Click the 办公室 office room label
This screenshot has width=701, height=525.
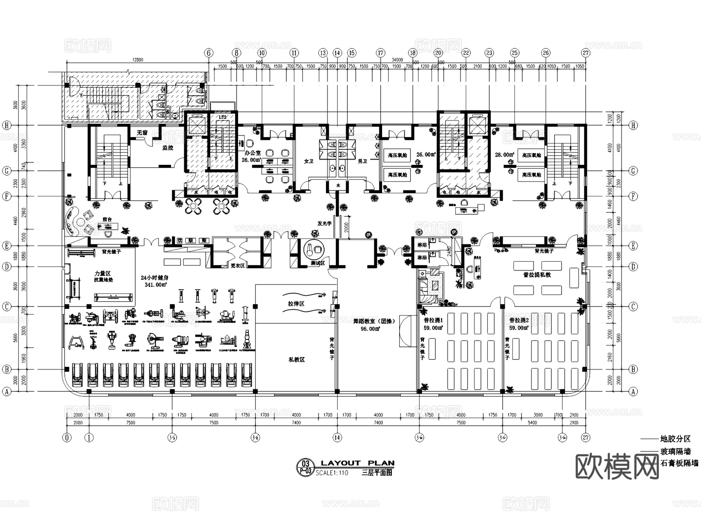253,153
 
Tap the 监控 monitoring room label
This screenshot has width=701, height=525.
168,148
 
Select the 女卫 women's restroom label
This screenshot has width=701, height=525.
308,161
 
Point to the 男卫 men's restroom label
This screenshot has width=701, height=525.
362,161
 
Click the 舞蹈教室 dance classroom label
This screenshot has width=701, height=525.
374,321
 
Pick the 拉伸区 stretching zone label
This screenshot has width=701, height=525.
296,304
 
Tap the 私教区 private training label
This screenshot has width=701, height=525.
296,359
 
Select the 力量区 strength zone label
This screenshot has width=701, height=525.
102,274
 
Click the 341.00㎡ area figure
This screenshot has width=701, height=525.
155,285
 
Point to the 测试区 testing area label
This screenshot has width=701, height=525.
318,263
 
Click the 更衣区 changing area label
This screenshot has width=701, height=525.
237,265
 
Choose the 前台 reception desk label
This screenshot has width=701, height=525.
107,219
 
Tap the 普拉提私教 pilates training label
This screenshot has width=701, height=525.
537,275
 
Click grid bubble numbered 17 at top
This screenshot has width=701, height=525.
380,53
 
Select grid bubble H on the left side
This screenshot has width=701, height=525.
7,125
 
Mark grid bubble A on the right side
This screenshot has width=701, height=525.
633,391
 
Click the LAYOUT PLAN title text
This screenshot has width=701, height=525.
358,463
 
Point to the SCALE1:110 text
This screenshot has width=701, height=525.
331,473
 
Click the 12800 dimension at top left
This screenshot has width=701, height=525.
137,60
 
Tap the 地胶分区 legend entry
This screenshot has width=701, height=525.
675,439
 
